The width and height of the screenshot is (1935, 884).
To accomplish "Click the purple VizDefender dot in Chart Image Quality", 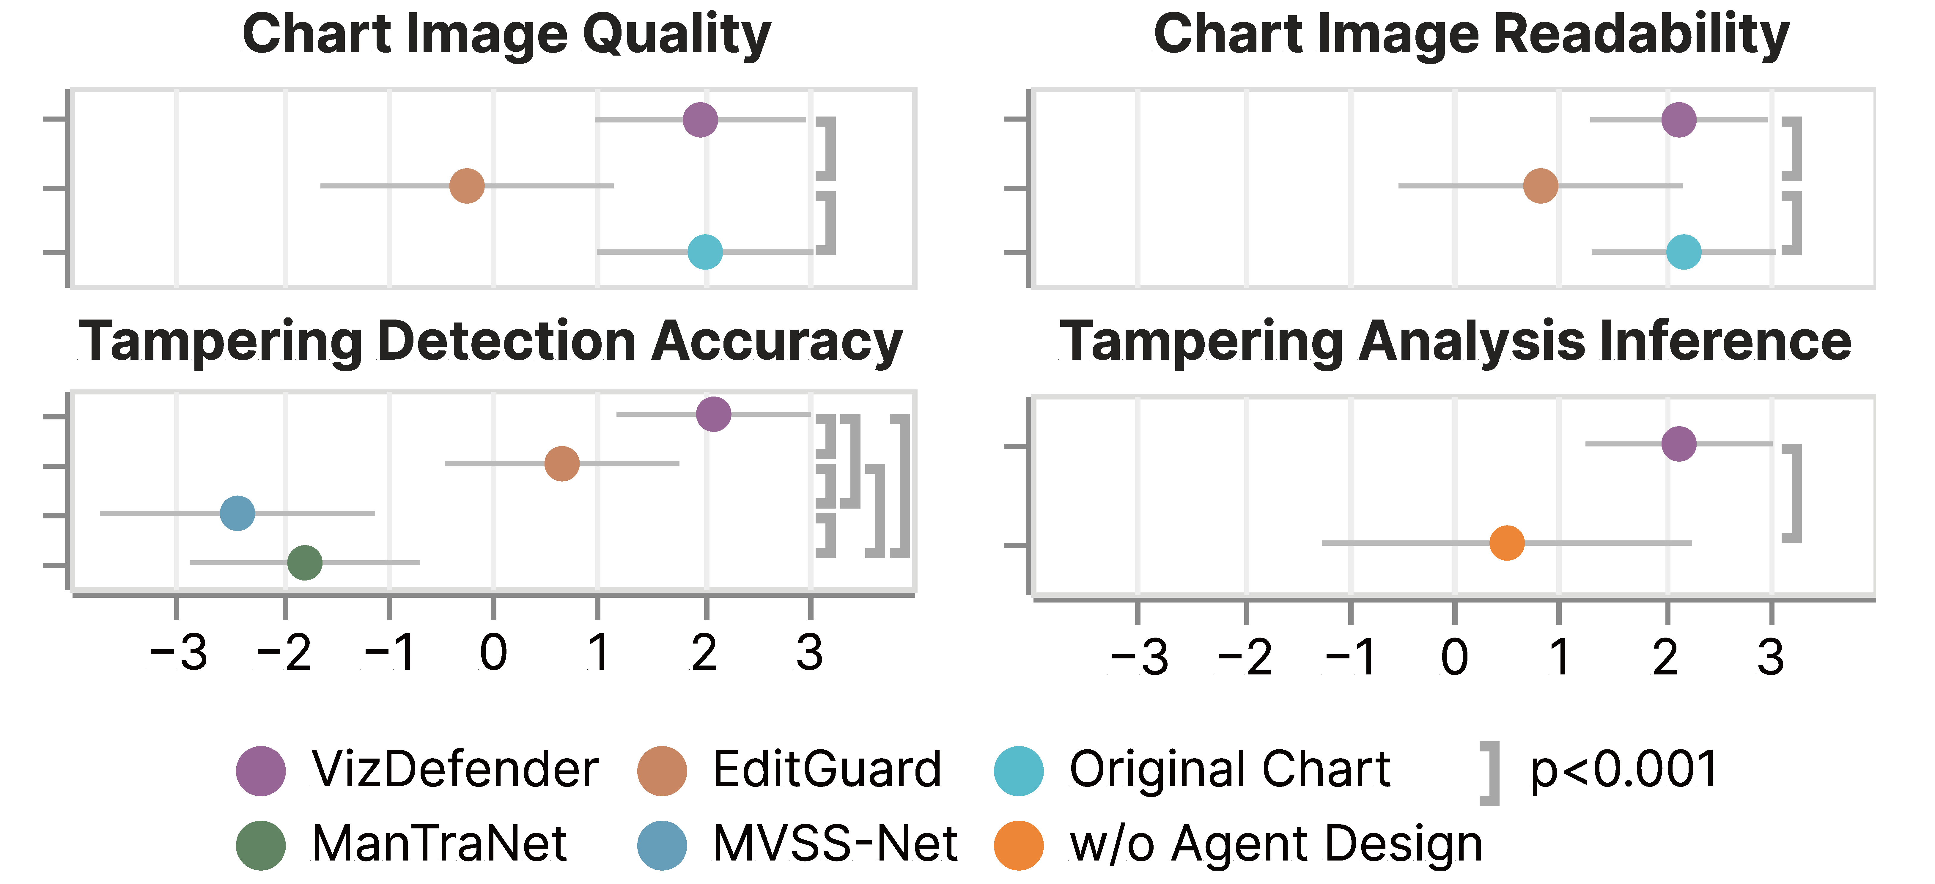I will (700, 119).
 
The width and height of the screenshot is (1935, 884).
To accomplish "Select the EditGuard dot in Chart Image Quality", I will (466, 185).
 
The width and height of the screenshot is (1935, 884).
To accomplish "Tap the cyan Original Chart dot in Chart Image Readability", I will (1683, 251).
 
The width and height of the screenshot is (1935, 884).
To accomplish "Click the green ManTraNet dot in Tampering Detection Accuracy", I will (305, 563).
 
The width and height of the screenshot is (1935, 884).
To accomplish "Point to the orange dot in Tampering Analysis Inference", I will (1507, 542).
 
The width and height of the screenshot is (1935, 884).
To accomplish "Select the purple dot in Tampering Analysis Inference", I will (1679, 444).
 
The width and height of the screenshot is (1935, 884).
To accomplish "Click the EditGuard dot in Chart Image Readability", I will (1541, 185).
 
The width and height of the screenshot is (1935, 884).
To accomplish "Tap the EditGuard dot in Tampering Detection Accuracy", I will (562, 463).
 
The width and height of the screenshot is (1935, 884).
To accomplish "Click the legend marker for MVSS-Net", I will (662, 845).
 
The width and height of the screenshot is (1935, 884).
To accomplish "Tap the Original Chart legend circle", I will (1019, 770).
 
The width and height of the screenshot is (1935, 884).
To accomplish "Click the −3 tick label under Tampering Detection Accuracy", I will (178, 653).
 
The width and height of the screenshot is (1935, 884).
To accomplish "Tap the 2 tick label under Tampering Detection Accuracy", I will (704, 653).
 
